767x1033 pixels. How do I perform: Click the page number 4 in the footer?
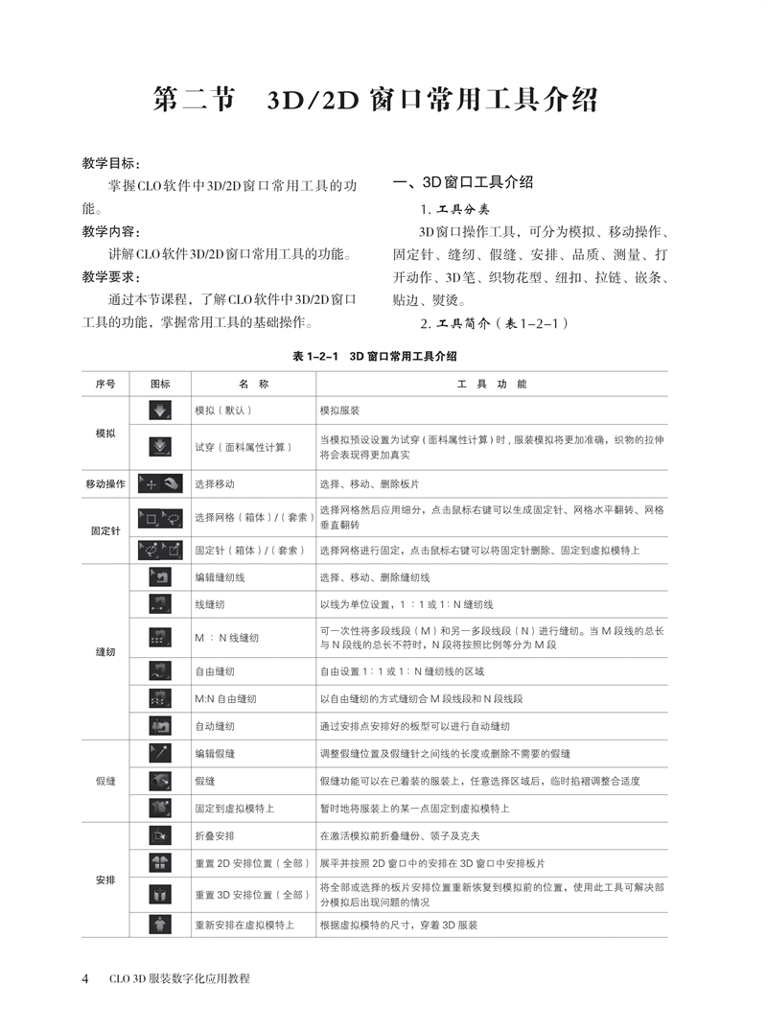point(85,979)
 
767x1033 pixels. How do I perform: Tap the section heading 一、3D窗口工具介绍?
point(463,182)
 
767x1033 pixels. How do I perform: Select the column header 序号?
point(105,384)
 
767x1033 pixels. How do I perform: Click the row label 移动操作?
point(105,484)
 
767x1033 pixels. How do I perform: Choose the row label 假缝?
point(105,781)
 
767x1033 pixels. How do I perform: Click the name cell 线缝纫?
point(210,604)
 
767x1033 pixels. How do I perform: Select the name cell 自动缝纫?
point(215,726)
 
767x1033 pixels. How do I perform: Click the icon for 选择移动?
point(160,483)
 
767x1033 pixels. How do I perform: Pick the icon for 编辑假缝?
point(160,754)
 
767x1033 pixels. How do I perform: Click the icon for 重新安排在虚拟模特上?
point(160,925)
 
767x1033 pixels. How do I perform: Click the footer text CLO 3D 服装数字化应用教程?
point(177,979)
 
